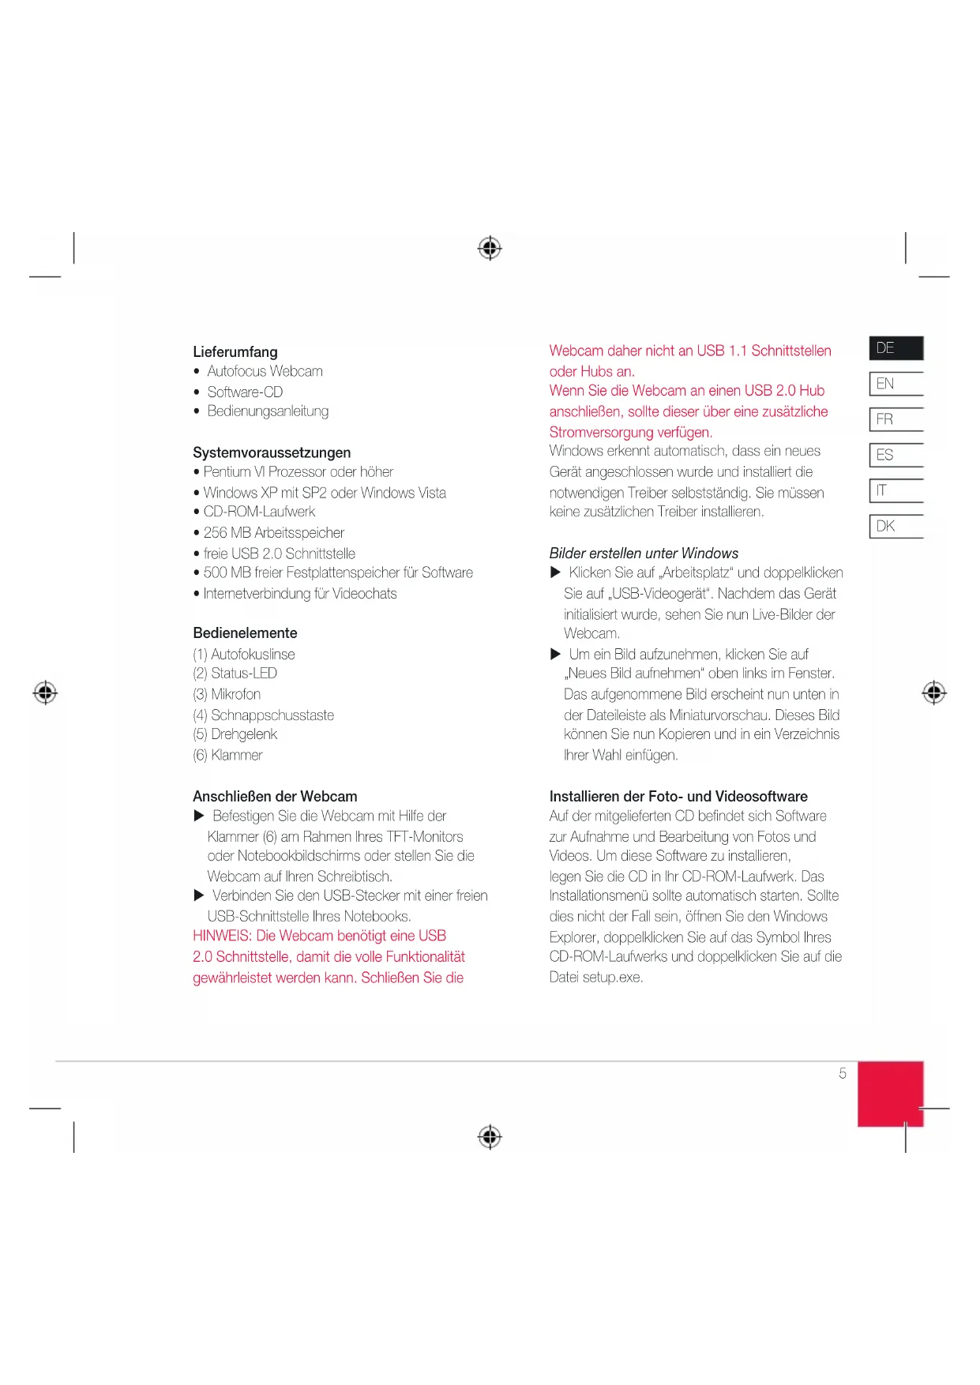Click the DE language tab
click(896, 348)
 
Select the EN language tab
click(896, 384)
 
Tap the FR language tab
click(896, 419)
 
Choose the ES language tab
click(896, 455)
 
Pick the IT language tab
click(896, 490)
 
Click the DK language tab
click(896, 526)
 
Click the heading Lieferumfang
click(235, 352)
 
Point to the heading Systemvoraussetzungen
click(272, 452)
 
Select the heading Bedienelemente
click(245, 633)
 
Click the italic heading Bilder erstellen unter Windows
click(644, 554)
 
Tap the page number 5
click(843, 1074)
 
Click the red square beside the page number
click(890, 1094)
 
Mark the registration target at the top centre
click(490, 248)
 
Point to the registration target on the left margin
click(46, 692)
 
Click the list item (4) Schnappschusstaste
click(264, 715)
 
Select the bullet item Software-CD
click(245, 392)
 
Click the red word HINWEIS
click(222, 936)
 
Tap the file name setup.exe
click(613, 978)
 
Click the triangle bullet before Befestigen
click(199, 816)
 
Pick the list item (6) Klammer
click(228, 756)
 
